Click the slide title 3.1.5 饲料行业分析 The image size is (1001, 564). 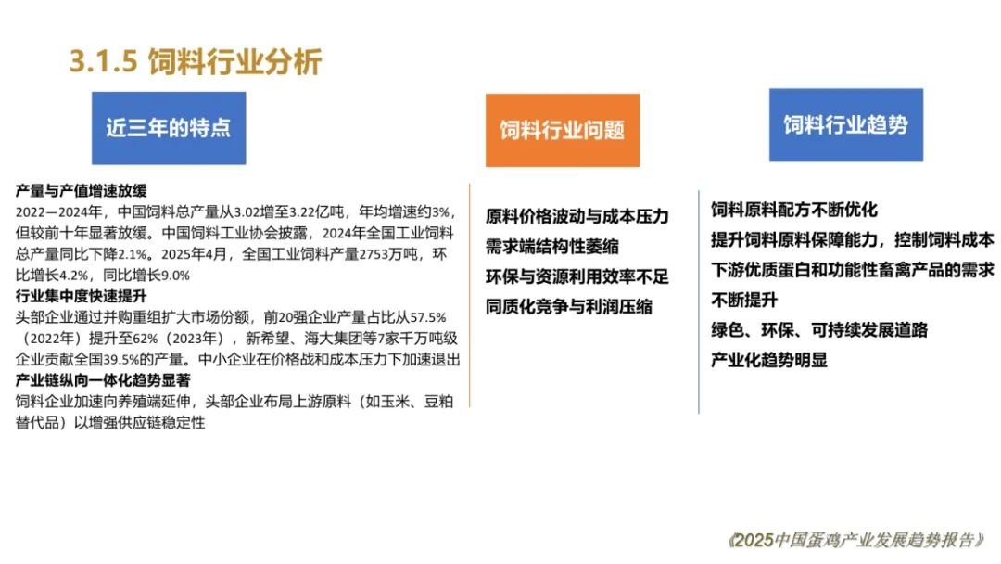[196, 62]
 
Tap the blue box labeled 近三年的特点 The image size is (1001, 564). [169, 128]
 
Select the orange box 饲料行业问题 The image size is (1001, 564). [563, 130]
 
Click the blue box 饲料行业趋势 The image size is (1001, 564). [846, 125]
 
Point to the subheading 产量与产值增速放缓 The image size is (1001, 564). [81, 191]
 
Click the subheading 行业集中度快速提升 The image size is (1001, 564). [81, 296]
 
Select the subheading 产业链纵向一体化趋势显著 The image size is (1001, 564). [103, 380]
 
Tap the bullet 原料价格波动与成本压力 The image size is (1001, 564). [577, 216]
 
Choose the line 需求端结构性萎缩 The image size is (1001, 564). [552, 247]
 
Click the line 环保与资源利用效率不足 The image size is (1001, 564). [577, 276]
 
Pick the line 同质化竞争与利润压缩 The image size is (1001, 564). [569, 307]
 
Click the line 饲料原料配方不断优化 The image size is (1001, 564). [794, 210]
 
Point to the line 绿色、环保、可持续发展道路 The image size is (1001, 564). [819, 330]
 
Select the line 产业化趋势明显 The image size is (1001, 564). [769, 360]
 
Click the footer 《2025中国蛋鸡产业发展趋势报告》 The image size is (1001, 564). [856, 541]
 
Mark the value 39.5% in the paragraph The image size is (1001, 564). [120, 360]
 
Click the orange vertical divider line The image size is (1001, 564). [470, 296]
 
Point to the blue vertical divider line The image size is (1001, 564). [699, 302]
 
